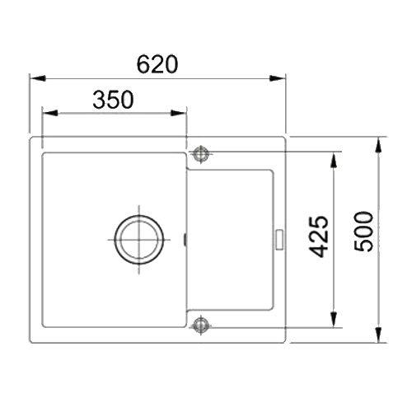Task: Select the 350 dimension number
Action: [x=114, y=100]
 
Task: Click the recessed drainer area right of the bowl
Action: [x=231, y=239]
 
